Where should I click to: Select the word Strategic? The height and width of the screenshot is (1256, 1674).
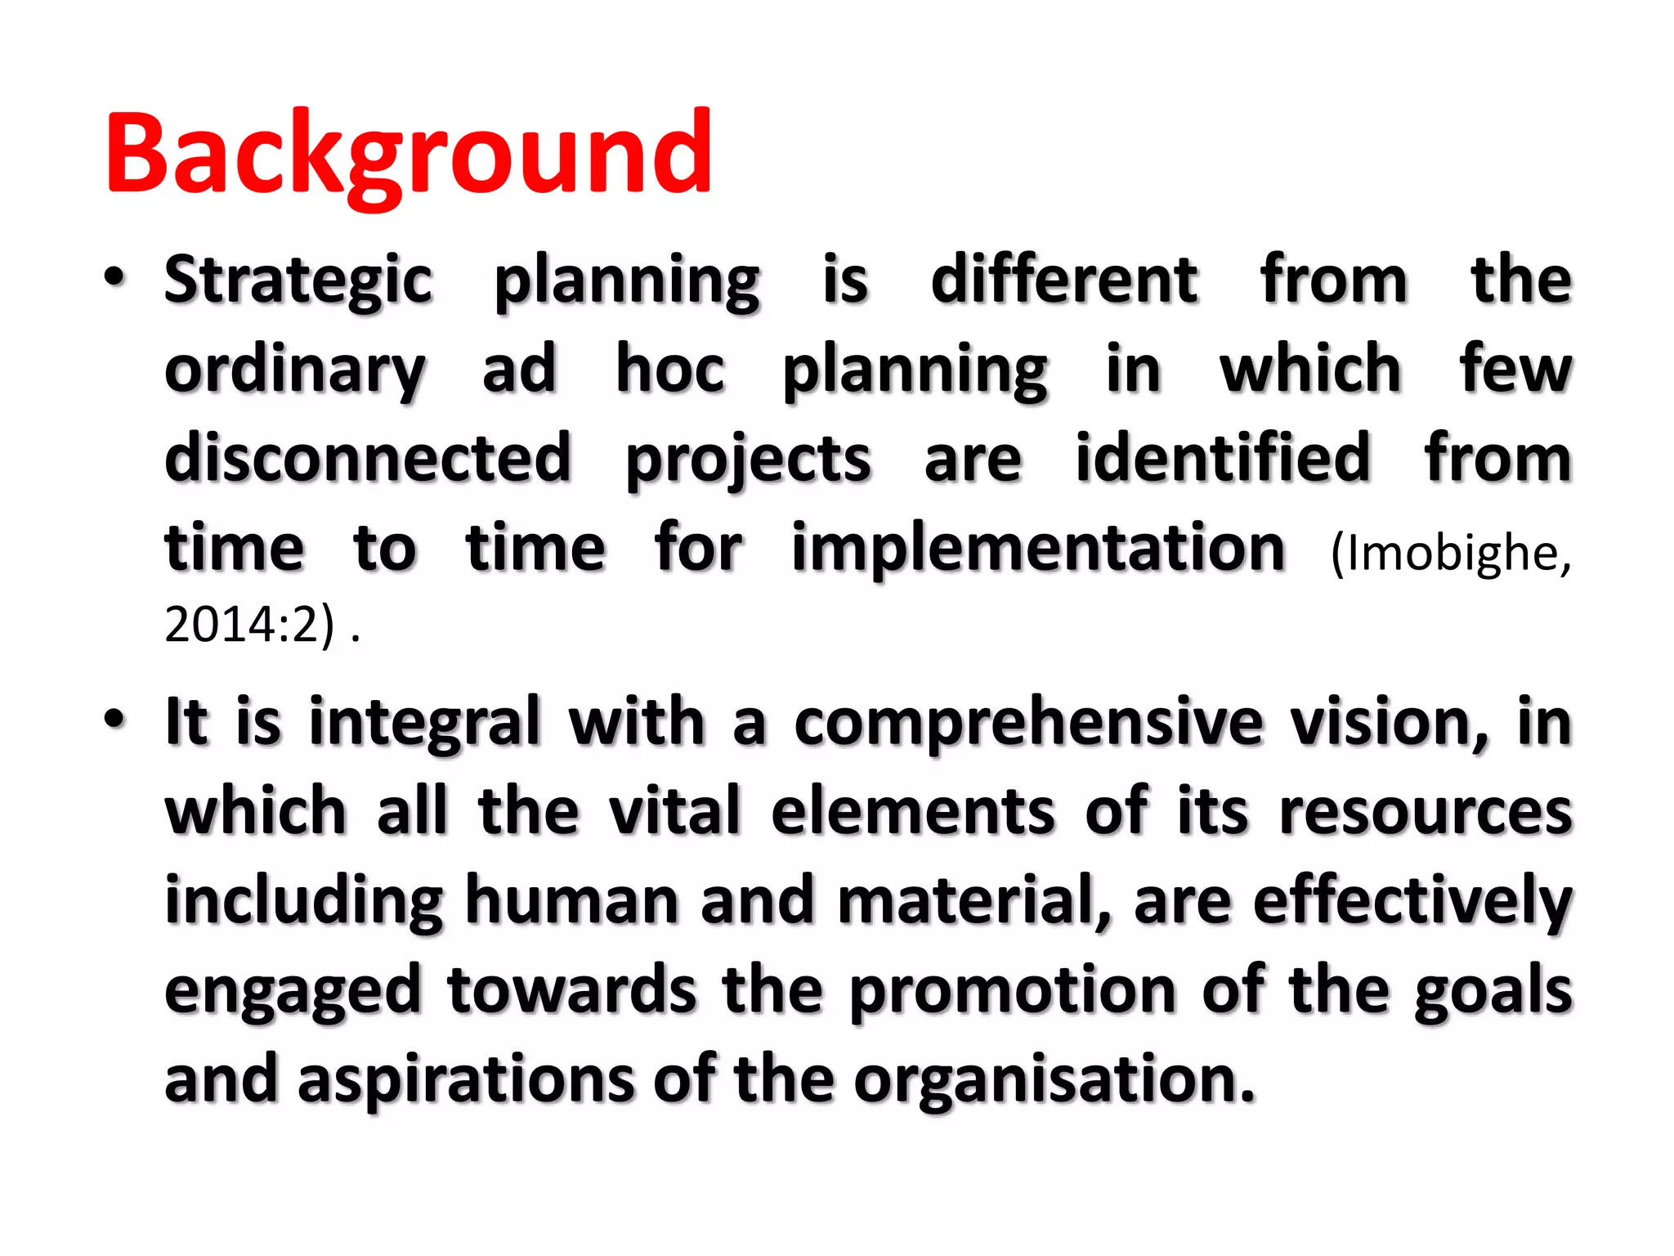tap(298, 280)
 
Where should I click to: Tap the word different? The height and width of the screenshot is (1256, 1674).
tap(1064, 280)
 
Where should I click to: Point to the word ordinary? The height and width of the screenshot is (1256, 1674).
tap(294, 370)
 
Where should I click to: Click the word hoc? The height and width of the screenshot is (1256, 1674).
tap(670, 369)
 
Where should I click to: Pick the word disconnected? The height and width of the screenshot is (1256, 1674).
tap(368, 458)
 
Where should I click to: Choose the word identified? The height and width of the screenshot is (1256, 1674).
tap(1222, 458)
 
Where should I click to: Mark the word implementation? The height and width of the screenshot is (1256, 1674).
tap(1038, 548)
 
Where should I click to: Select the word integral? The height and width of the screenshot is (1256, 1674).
tap(425, 724)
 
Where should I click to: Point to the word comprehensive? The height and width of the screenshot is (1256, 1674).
tap(1028, 724)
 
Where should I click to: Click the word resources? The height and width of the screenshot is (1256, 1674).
tap(1426, 812)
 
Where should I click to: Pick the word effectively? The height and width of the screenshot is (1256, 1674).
tap(1412, 901)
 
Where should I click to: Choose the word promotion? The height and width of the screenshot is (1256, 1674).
tap(1013, 991)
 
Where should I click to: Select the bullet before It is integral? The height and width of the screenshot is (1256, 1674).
tap(115, 720)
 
